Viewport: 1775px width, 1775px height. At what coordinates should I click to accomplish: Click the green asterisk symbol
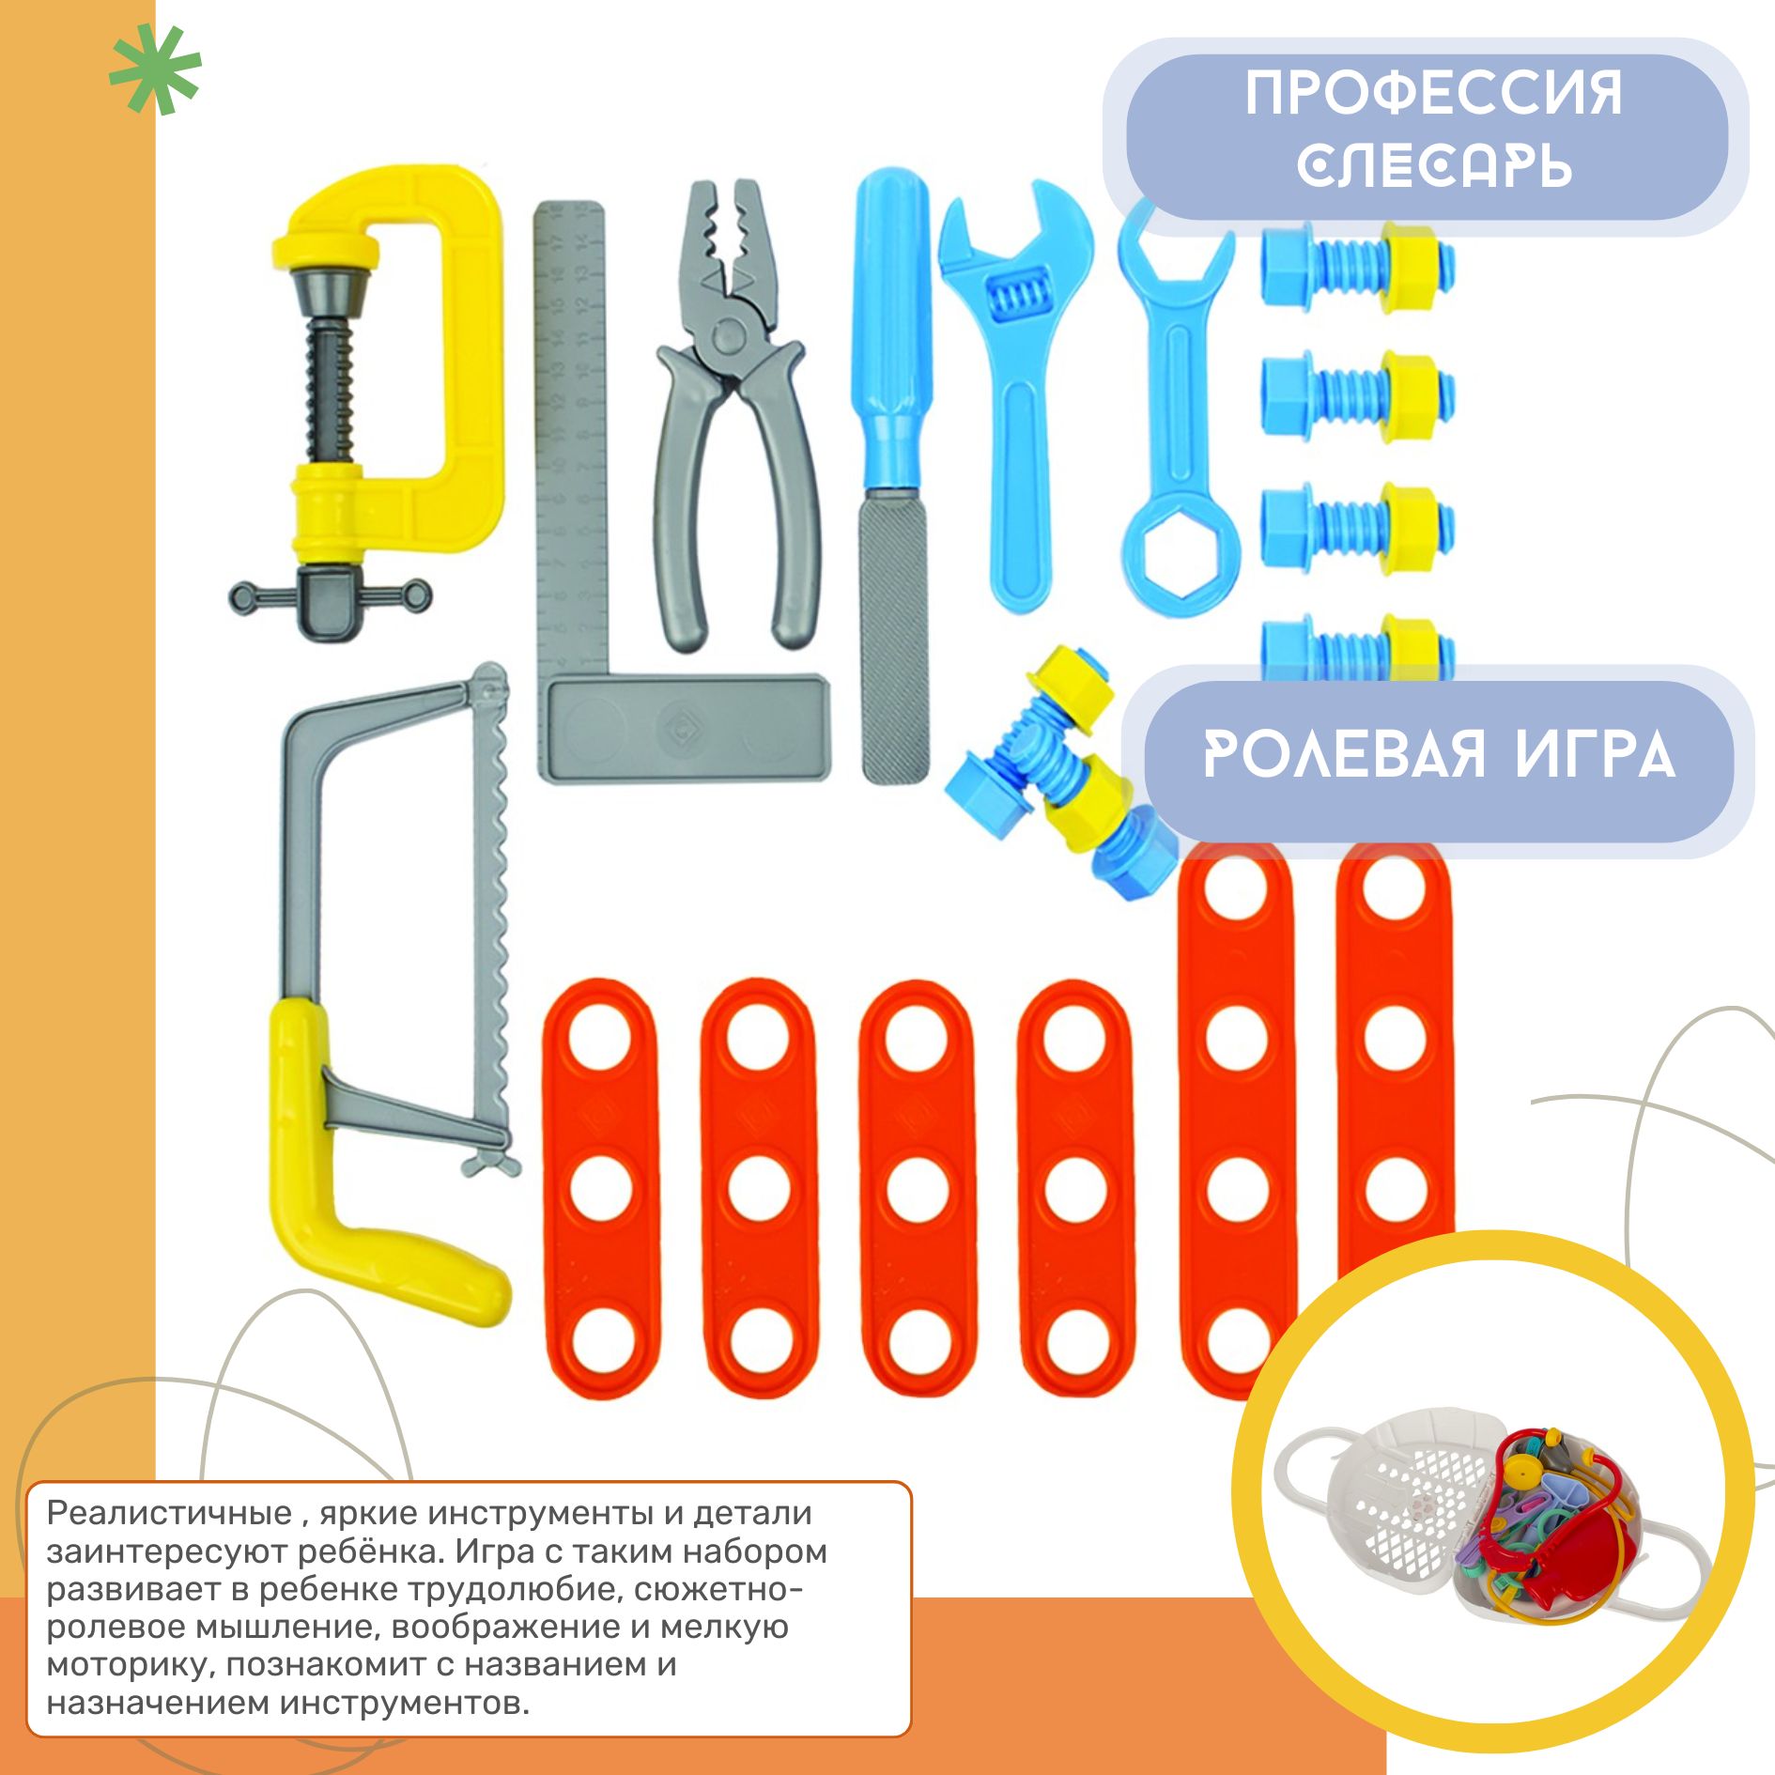coord(155,69)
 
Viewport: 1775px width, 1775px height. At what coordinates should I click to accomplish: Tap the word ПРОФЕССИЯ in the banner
coord(1434,94)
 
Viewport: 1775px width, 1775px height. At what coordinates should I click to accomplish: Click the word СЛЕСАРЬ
coord(1434,166)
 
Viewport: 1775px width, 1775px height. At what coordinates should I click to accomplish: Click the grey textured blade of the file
coord(895,639)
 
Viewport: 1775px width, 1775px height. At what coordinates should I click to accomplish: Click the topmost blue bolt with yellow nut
coord(1358,262)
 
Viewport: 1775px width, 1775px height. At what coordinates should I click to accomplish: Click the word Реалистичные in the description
coord(169,1512)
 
